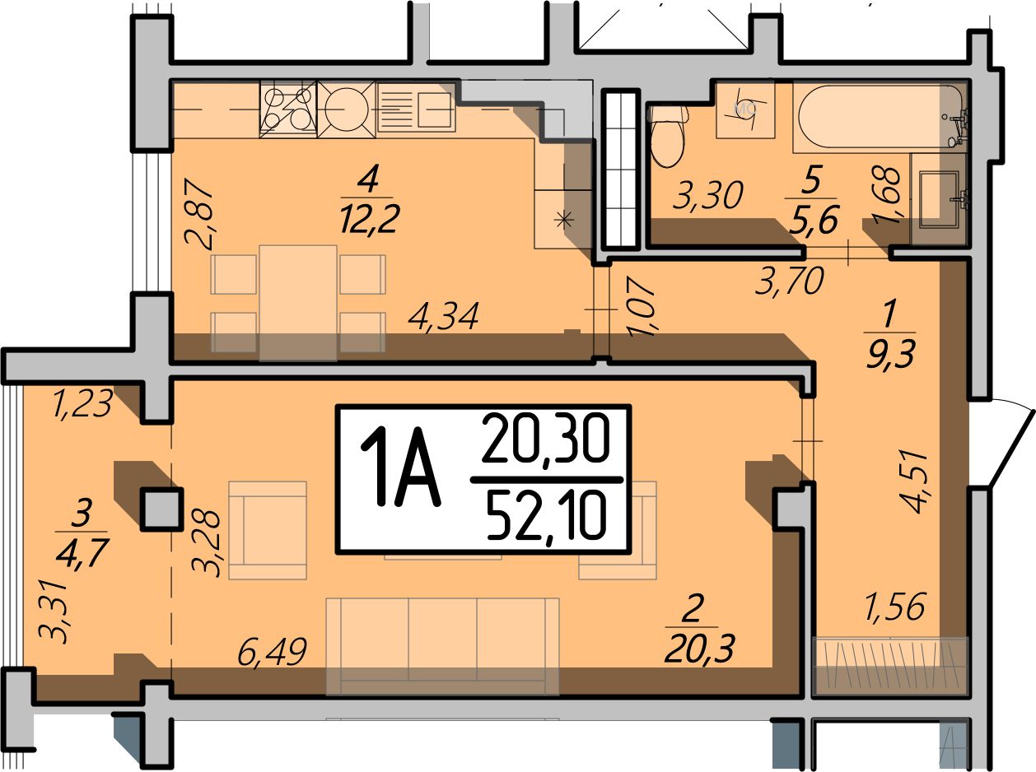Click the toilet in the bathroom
(667, 135)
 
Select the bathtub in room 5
(879, 117)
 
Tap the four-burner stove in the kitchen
(288, 109)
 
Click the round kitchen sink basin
(347, 109)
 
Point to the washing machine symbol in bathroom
(745, 109)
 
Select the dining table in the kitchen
(298, 302)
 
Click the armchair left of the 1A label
(268, 530)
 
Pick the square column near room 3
(162, 509)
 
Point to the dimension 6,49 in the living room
(273, 651)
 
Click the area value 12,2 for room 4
(370, 220)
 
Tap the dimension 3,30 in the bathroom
(708, 195)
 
